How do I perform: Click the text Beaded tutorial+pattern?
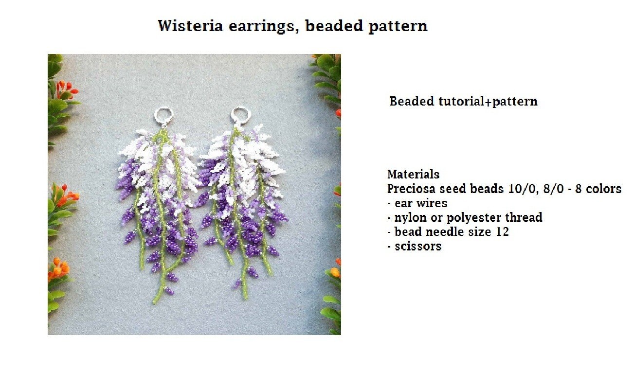[x=463, y=102]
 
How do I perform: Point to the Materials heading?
[x=413, y=174]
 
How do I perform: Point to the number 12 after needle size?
[x=502, y=231]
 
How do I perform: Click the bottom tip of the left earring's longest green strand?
[x=155, y=302]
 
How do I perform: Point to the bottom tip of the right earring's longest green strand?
[x=245, y=296]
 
